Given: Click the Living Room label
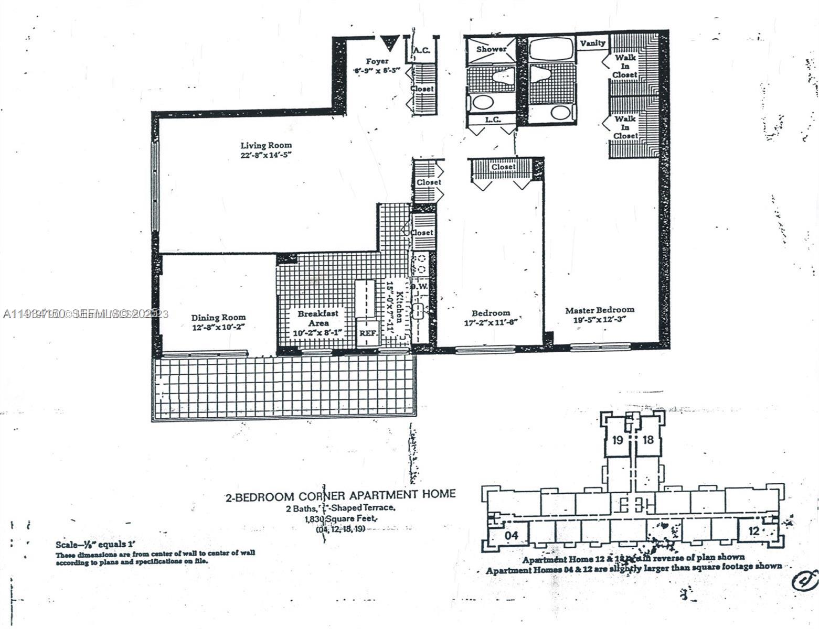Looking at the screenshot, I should point(266,145).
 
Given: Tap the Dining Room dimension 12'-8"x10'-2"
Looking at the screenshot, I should point(218,327).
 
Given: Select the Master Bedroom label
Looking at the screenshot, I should point(600,310).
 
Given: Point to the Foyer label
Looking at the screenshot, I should point(377,61).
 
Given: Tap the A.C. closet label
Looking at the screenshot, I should point(422,51).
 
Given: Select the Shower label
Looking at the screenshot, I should point(491,49).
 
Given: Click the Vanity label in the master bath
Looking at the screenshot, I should point(592,43).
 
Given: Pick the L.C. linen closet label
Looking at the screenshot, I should point(492,120).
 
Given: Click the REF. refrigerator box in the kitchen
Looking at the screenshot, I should point(366,333).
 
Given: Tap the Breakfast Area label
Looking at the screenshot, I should point(318,318).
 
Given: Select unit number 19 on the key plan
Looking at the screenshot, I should point(618,440).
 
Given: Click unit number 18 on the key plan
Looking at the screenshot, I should point(648,440).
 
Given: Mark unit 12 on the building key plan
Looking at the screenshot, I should point(753,531).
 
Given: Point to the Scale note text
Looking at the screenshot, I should point(99,545).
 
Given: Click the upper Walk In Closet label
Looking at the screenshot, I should point(625,66).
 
